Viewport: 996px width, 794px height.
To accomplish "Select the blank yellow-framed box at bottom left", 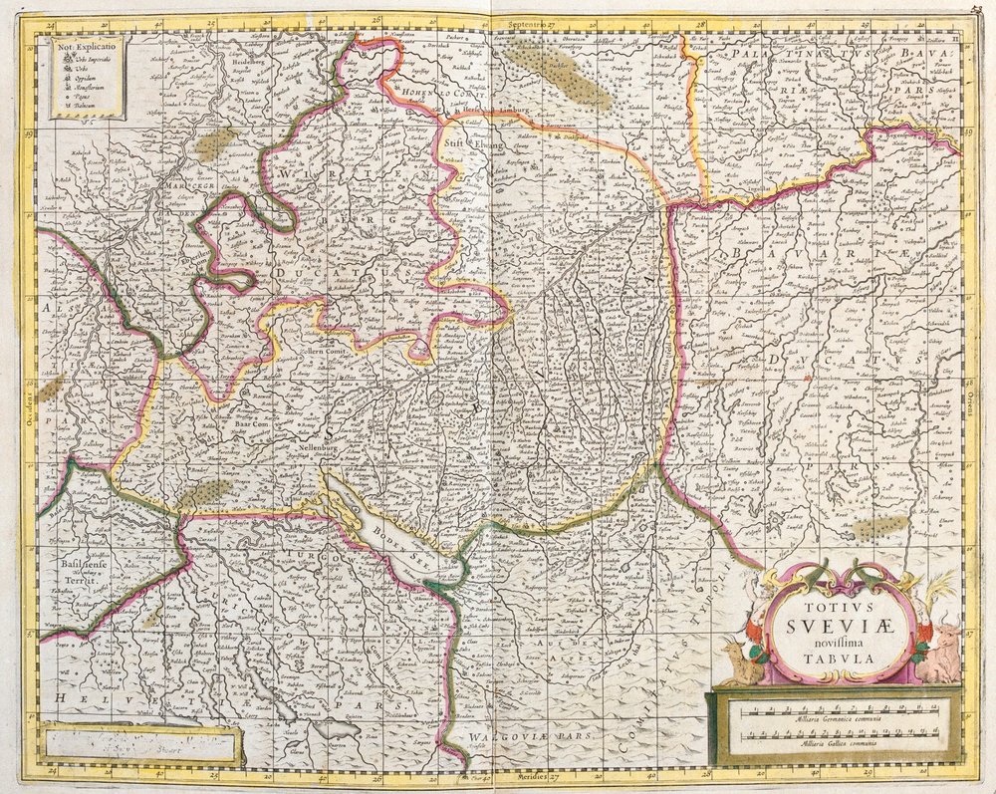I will point(138,743).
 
